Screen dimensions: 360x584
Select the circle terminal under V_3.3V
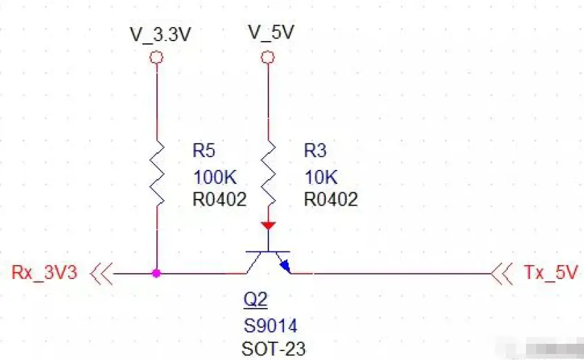[x=156, y=59]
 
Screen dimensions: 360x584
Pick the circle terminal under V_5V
[x=268, y=58]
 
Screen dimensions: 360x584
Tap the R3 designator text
[x=315, y=150]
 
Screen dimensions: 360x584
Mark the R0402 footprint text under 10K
[x=330, y=199]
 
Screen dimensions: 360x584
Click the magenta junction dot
[x=156, y=274]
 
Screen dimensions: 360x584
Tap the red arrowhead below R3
[x=268, y=224]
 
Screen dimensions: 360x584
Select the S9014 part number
[x=270, y=326]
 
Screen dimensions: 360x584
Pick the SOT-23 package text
[x=273, y=349]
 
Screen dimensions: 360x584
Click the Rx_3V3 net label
[x=45, y=273]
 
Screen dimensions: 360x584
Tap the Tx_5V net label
[x=550, y=273]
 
